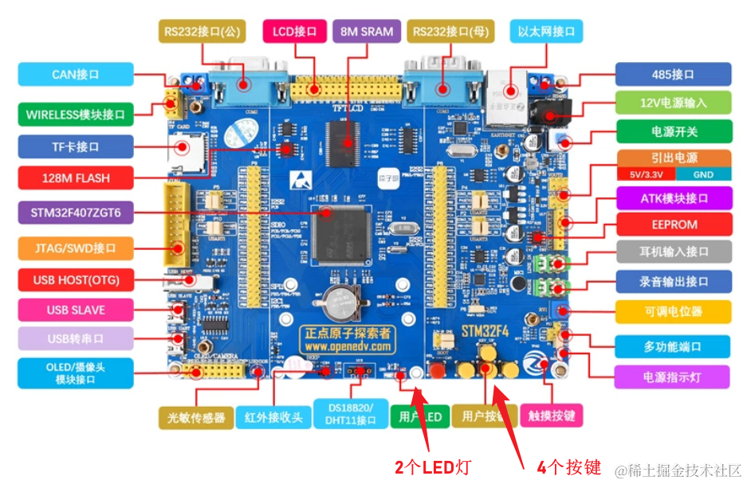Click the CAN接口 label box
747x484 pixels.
click(76, 74)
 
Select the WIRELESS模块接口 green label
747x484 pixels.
click(76, 114)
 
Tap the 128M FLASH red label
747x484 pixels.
click(76, 178)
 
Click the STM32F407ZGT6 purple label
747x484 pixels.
click(76, 213)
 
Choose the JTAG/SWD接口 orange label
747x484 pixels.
click(76, 248)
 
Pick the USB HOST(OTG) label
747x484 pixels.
click(76, 280)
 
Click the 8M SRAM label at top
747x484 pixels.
click(367, 32)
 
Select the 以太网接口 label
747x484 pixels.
click(546, 32)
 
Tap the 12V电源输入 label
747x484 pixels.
click(673, 103)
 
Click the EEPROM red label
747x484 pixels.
click(673, 225)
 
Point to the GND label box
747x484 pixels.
click(702, 174)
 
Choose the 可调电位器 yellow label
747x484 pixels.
click(673, 311)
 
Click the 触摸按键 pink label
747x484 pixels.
click(551, 416)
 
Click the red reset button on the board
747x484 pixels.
click(436, 371)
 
